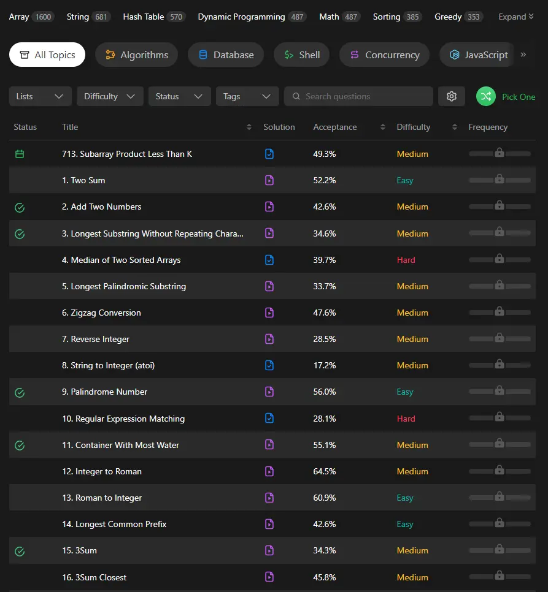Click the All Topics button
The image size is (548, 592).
point(47,55)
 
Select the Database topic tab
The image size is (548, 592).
point(226,55)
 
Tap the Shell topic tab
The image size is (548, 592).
point(301,55)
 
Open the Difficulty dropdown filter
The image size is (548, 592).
point(110,96)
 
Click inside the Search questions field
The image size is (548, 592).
point(358,96)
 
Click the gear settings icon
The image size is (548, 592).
point(451,96)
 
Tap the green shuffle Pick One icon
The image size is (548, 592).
point(485,96)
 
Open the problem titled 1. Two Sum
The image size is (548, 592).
point(83,180)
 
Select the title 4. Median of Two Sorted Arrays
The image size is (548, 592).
point(122,260)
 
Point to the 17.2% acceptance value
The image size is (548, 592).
point(325,365)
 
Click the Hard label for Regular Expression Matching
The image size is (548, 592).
point(406,419)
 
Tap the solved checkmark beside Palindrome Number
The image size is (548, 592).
point(20,393)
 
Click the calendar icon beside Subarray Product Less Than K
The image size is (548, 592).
point(20,154)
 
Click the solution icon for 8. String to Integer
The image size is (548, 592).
point(269,365)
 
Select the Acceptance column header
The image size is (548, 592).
point(335,127)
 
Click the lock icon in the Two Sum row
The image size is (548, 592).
point(500,178)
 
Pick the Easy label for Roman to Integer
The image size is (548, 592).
point(405,498)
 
